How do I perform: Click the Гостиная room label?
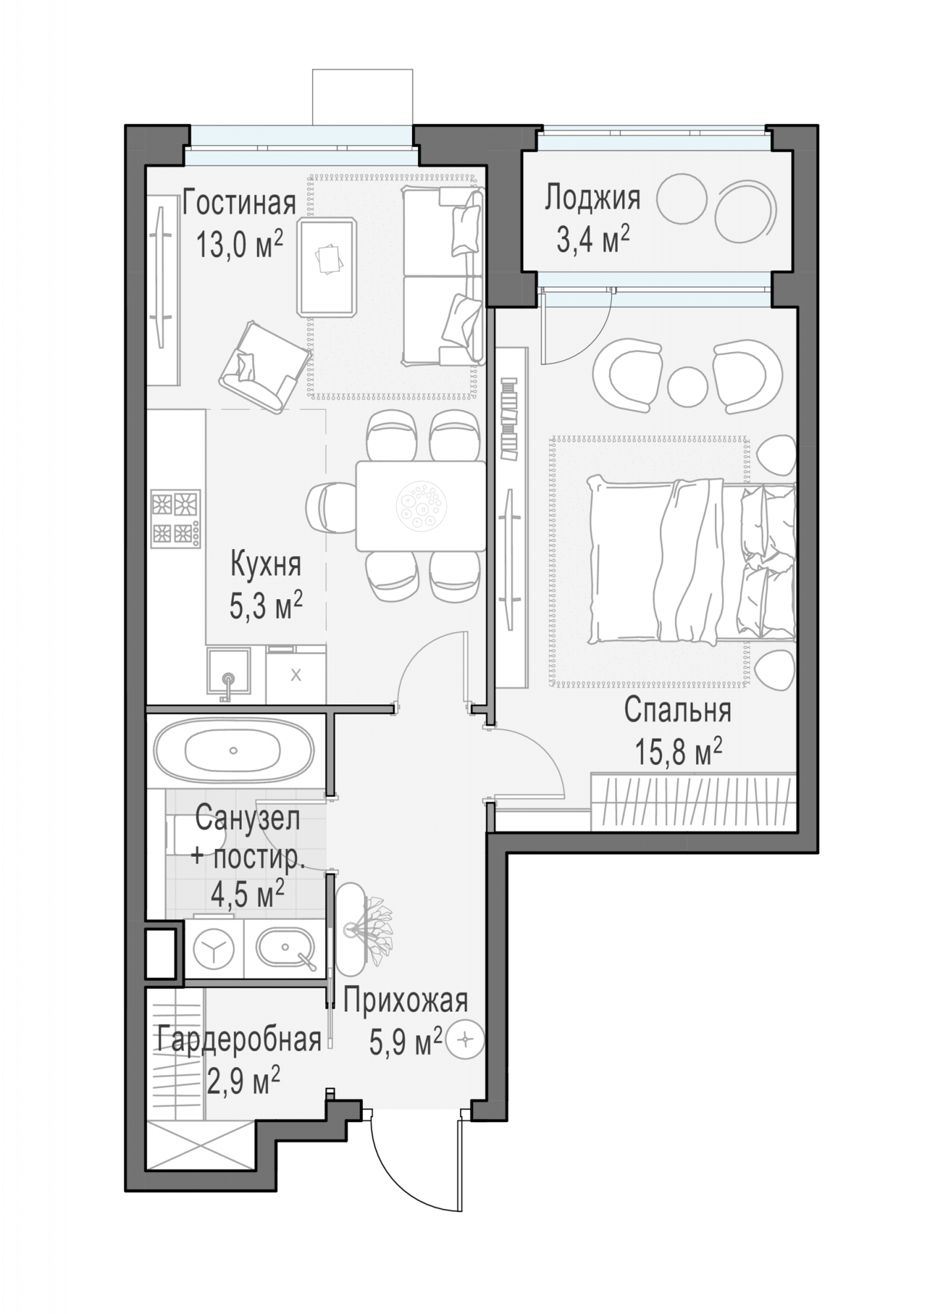(239, 204)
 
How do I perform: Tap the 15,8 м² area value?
(678, 752)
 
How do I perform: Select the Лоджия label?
(592, 198)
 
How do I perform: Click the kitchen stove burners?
(176, 518)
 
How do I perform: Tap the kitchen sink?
(229, 672)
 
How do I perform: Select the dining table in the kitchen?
(421, 505)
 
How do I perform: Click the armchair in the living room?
(264, 366)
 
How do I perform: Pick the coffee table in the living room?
(327, 266)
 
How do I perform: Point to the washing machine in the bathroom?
(214, 949)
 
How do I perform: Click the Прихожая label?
(405, 1002)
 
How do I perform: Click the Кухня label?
(266, 564)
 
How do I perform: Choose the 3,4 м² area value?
(593, 240)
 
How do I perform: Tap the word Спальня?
(678, 710)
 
